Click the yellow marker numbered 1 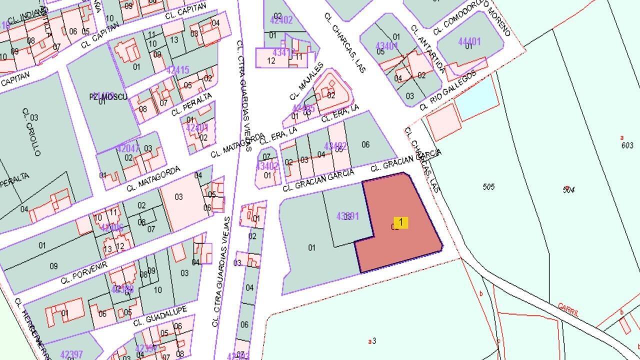[x=400, y=222]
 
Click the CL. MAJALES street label [x=306, y=81]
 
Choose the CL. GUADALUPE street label [x=160, y=316]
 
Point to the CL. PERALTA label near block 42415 [x=191, y=104]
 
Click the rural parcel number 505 [x=488, y=187]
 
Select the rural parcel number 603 [x=627, y=145]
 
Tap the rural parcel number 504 [x=568, y=189]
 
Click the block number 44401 [x=469, y=41]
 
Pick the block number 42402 [x=281, y=20]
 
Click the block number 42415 [x=178, y=70]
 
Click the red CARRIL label [x=568, y=310]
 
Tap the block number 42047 [x=128, y=148]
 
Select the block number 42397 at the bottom [x=71, y=354]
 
